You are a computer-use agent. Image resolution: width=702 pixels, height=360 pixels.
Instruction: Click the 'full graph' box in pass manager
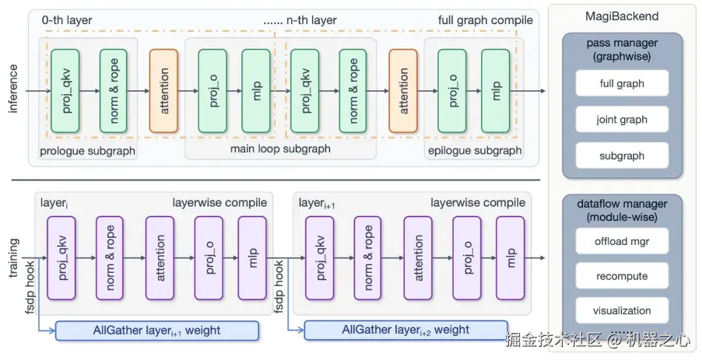tap(621, 84)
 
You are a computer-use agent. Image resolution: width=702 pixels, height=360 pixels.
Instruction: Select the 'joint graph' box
tap(621, 120)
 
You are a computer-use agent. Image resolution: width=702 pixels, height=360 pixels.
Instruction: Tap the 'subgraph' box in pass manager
tap(621, 156)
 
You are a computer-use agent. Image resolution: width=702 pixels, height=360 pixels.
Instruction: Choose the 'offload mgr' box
tap(621, 242)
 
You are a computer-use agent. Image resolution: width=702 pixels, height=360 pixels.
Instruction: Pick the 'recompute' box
tap(621, 276)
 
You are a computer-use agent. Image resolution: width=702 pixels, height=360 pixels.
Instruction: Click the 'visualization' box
tap(621, 311)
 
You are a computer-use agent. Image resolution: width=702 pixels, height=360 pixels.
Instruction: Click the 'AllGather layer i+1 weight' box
tap(157, 330)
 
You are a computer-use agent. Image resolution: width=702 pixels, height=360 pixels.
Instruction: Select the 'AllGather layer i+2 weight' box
tap(406, 330)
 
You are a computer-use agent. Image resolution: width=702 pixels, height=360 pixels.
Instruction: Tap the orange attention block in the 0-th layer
tap(164, 91)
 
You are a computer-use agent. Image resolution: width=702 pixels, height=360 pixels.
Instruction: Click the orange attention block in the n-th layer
tap(403, 91)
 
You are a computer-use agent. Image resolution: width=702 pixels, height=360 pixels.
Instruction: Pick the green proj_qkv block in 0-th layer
tap(65, 91)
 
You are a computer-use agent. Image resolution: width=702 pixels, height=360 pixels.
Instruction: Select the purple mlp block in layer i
tap(252, 258)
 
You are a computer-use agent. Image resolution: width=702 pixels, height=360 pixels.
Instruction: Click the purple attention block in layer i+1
tap(418, 258)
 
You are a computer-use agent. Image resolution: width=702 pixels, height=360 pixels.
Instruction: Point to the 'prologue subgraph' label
tap(88, 151)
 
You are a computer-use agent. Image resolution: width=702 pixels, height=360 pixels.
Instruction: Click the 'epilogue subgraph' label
tap(474, 151)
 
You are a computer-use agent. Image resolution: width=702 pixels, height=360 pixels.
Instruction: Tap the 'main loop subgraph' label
tap(280, 149)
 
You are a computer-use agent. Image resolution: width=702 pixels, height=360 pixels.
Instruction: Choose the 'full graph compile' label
tap(485, 20)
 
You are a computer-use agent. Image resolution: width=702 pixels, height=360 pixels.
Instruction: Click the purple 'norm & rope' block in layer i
tap(109, 258)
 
